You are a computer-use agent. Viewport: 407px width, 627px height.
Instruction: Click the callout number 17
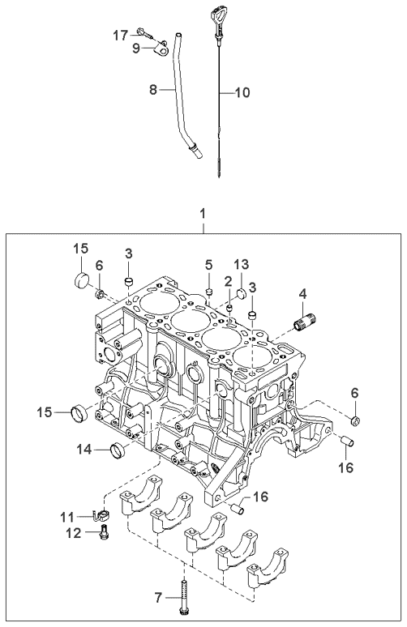[120, 36]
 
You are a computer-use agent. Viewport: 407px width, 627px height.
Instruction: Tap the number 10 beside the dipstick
[242, 93]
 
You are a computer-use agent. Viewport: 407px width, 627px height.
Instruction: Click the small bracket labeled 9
[161, 50]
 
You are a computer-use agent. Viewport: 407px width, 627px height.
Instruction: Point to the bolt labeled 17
[145, 33]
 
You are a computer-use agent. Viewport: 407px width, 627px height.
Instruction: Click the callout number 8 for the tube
[153, 90]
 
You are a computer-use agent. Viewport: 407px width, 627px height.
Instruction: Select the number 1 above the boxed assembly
[203, 214]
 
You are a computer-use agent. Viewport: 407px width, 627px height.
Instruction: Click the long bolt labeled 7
[184, 598]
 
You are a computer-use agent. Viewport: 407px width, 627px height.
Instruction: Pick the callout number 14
[84, 450]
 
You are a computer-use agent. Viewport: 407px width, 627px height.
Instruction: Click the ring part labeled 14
[118, 451]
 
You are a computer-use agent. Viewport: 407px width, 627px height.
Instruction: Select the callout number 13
[242, 264]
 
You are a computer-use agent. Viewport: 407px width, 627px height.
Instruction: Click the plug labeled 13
[242, 292]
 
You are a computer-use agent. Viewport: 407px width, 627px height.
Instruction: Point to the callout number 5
[208, 264]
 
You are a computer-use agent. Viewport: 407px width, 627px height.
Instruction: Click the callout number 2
[228, 282]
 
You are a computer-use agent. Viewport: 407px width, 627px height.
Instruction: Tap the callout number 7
[158, 598]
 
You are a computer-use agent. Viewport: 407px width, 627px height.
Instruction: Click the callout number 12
[74, 533]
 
